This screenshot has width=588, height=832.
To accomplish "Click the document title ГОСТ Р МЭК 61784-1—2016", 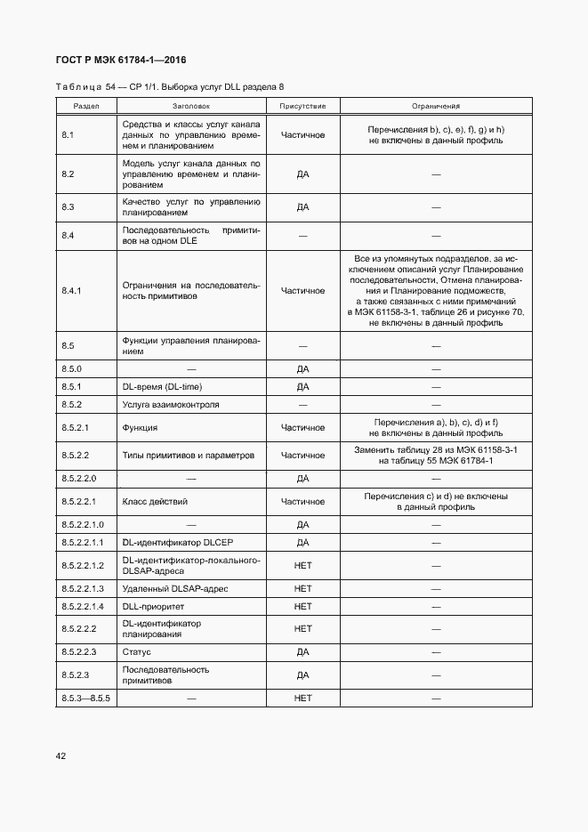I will pos(121,61).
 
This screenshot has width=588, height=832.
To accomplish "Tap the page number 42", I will pos(61,755).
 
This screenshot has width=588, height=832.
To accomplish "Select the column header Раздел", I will pos(85,106).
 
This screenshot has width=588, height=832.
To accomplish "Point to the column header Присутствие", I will pos(302,106).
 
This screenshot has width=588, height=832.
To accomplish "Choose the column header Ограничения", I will pos(436,106).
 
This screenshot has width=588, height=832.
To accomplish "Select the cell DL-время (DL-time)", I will pos(160,387).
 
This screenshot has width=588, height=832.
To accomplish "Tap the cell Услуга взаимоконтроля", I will pos(171,405).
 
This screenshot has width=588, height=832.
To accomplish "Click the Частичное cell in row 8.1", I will pos(302,135).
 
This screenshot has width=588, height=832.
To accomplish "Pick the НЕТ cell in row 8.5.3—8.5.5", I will pos(302,699).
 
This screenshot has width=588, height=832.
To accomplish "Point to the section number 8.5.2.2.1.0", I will pos(83,525).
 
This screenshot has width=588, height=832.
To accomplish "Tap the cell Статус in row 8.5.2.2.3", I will pos(136,652).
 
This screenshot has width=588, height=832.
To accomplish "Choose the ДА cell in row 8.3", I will pos(302,207).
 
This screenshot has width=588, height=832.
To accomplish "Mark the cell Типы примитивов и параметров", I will pos(188,455).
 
